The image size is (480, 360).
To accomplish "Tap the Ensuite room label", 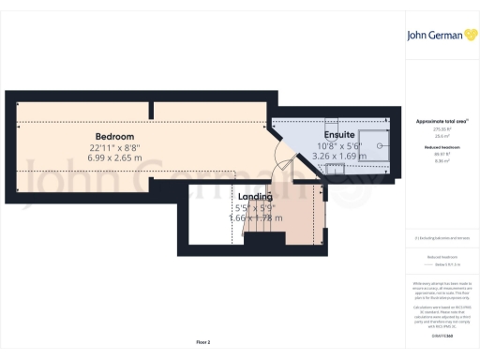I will coord(339,135).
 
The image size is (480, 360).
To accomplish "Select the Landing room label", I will coord(256,196).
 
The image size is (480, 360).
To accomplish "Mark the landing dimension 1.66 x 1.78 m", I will coord(256,217).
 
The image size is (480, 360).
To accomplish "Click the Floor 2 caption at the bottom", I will coord(202,342).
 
